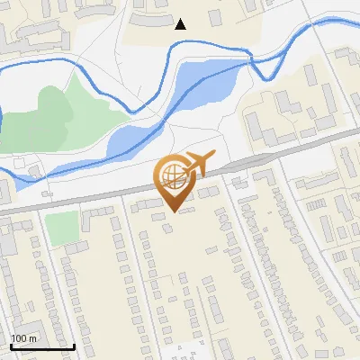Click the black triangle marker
(x=181, y=24)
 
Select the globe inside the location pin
(x=171, y=174)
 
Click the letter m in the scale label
(x=33, y=338)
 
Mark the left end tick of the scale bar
(x=11, y=346)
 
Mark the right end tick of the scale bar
(x=74, y=346)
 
